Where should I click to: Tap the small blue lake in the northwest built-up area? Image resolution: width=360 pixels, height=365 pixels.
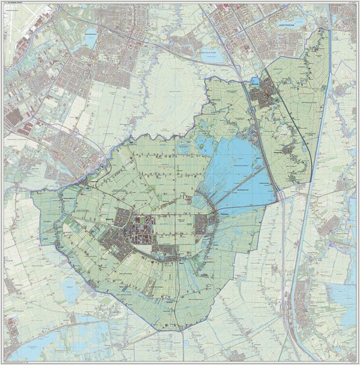[x=91, y=34]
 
